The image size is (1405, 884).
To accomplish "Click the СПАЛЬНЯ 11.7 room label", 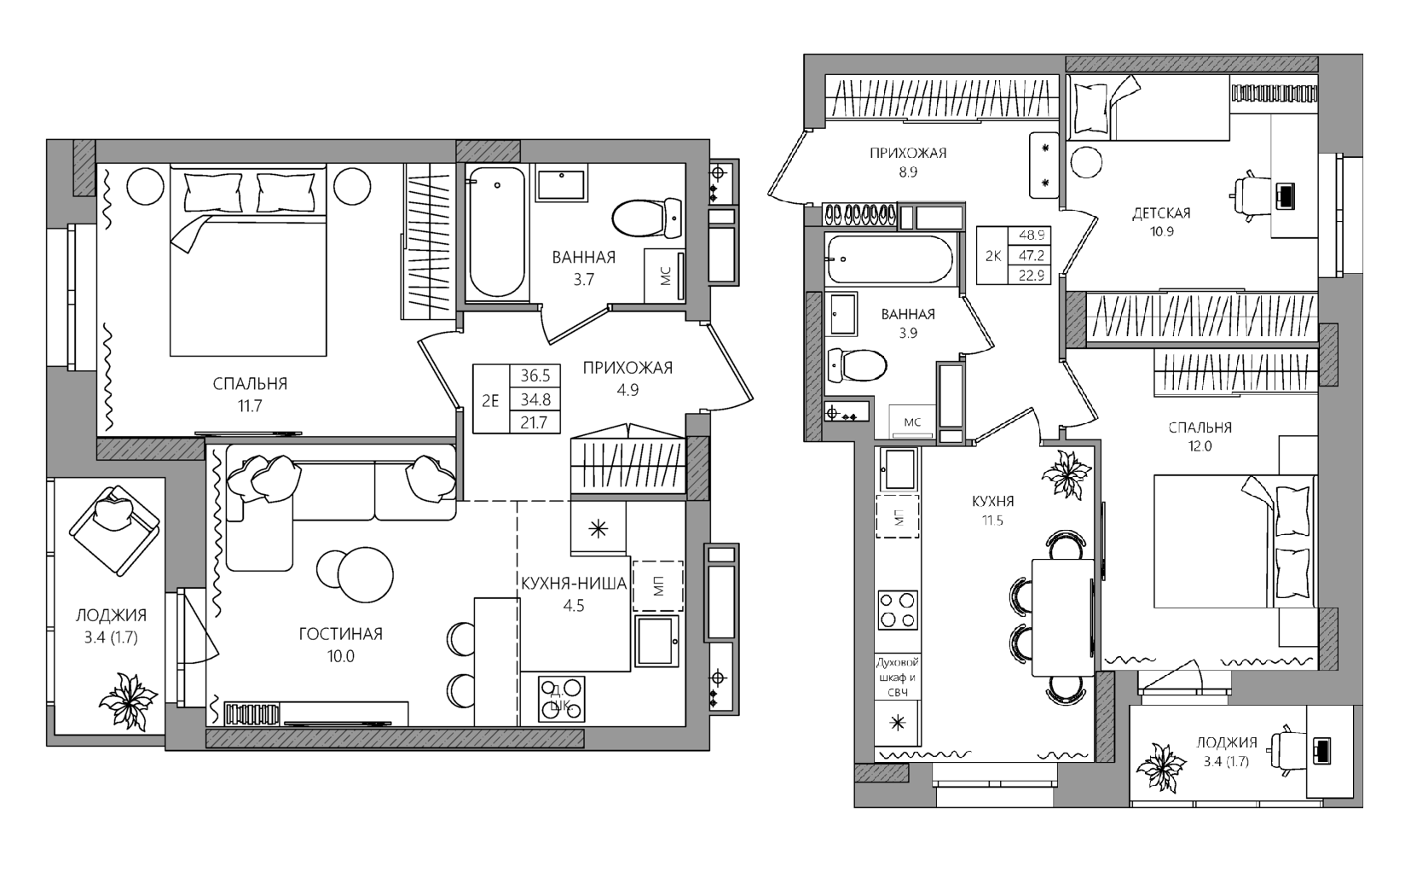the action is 250,394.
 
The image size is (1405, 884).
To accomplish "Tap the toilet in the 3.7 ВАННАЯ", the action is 647,218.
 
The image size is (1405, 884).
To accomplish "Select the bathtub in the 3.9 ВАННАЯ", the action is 890,259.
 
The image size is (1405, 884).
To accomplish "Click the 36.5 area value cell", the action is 535,375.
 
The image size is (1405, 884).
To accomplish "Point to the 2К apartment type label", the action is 993,255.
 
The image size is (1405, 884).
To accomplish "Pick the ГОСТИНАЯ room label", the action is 340,634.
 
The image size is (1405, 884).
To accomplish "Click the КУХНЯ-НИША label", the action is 574,584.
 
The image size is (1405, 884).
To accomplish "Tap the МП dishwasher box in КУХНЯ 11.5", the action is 898,517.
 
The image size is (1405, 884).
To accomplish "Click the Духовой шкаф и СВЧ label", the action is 898,678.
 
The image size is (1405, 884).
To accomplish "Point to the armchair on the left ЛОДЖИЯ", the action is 115,531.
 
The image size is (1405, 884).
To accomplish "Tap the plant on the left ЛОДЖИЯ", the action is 129,701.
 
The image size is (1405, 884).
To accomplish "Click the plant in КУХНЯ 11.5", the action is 1067,474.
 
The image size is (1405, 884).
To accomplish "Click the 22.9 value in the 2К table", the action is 1032,275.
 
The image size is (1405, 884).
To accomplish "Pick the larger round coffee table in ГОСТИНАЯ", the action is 366,575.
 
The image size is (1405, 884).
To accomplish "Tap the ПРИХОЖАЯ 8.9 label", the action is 908,162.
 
